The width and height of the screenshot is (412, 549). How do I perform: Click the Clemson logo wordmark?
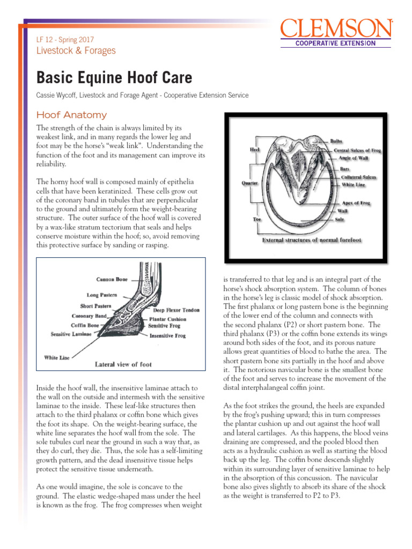(336, 28)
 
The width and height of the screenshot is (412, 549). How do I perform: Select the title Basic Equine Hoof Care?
(114, 78)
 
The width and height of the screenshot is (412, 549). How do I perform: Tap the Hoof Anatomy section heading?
(71, 115)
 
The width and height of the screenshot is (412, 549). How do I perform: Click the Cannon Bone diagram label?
(112, 279)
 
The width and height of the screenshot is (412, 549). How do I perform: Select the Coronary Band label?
(90, 316)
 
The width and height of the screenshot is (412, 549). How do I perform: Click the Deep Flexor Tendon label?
(176, 310)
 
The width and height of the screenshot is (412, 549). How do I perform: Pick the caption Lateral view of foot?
(123, 364)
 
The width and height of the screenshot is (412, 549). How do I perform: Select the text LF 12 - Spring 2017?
(64, 40)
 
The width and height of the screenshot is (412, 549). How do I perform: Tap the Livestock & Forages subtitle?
(76, 51)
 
